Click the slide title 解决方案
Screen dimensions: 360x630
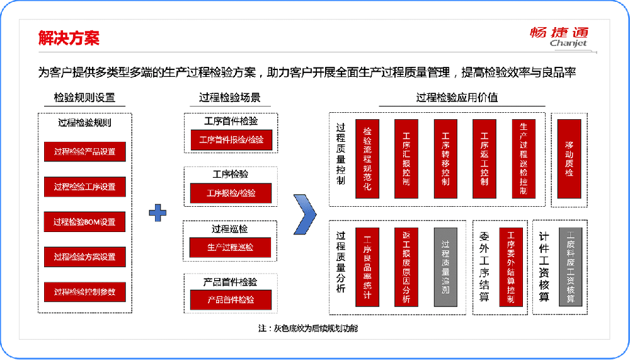(x=69, y=38)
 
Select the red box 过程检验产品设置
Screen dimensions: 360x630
(x=84, y=152)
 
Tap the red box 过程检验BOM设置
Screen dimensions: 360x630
(x=84, y=222)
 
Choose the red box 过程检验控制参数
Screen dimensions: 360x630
(x=84, y=292)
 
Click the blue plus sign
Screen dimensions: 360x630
(x=157, y=212)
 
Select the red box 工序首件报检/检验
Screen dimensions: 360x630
(x=231, y=140)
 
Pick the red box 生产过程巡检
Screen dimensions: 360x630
(x=231, y=247)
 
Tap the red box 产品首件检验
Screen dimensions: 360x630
(x=231, y=299)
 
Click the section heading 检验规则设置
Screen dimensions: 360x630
(x=84, y=98)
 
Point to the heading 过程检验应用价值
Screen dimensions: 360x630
(x=457, y=98)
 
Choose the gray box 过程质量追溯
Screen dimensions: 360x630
(x=445, y=267)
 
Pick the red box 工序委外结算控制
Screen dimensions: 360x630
(x=511, y=267)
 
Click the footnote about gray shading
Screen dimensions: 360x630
(x=308, y=328)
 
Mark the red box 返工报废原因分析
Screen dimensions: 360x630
(x=406, y=267)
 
